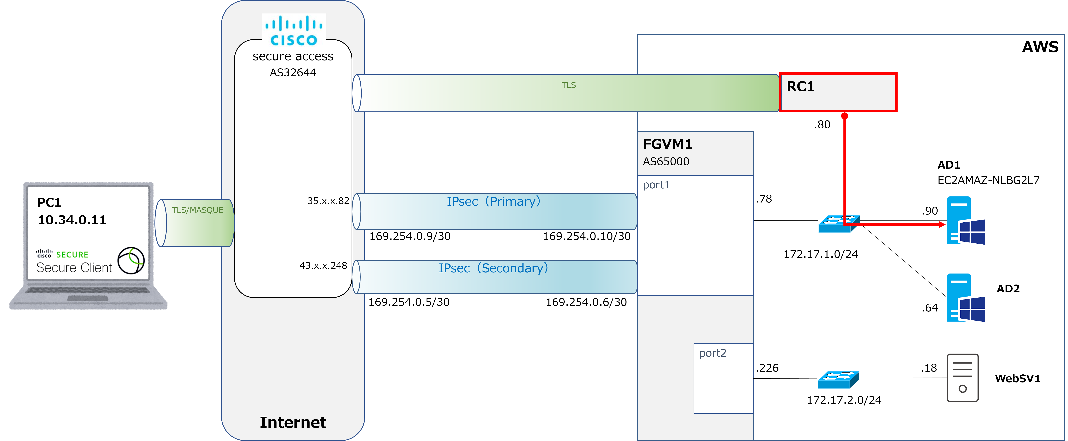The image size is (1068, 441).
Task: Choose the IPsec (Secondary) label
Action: click(x=493, y=268)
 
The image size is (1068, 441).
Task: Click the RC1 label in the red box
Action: click(x=800, y=87)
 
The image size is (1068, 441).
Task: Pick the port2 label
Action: click(x=713, y=353)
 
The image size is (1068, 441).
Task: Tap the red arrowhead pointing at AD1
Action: click(x=942, y=224)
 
